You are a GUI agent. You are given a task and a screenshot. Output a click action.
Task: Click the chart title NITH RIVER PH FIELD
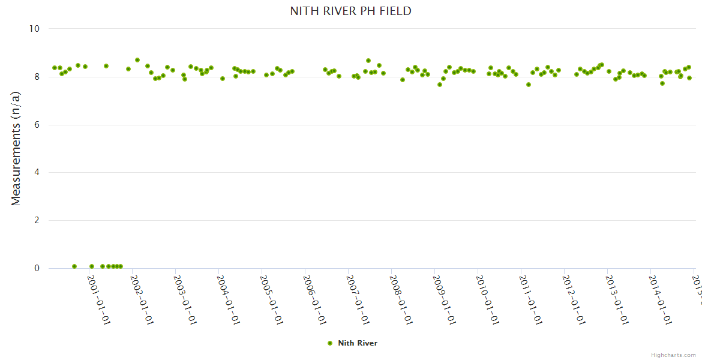click(350, 11)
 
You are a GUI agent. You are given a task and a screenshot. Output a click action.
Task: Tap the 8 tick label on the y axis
click(37, 77)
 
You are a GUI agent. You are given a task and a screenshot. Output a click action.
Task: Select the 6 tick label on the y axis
click(37, 125)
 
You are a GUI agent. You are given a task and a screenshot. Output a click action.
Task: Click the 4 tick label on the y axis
click(37, 173)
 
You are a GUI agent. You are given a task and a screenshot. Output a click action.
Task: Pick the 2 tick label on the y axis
click(37, 221)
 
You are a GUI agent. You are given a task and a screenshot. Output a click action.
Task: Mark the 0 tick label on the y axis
click(37, 269)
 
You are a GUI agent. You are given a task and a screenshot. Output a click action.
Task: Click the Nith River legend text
click(358, 343)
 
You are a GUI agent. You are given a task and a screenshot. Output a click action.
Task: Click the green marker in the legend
click(329, 343)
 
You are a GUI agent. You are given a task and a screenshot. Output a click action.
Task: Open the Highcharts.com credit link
click(673, 355)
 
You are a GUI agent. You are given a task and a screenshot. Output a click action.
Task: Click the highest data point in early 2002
click(137, 60)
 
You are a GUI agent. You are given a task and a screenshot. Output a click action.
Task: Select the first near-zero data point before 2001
click(74, 266)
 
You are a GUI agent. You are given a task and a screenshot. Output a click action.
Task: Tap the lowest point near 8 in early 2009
click(440, 85)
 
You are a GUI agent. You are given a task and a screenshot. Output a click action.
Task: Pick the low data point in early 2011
click(529, 85)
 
